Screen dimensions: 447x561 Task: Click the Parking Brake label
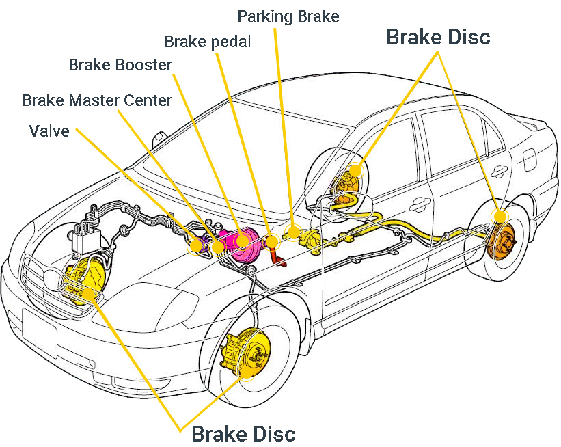point(288,16)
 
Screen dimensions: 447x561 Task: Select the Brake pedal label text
point(208,42)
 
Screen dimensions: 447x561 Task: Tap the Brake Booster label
point(120,65)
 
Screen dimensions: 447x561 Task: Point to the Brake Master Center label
point(97,100)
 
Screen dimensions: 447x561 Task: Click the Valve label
point(49,131)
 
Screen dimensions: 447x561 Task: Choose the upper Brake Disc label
point(438,37)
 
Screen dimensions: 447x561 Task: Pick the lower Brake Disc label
point(243,433)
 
